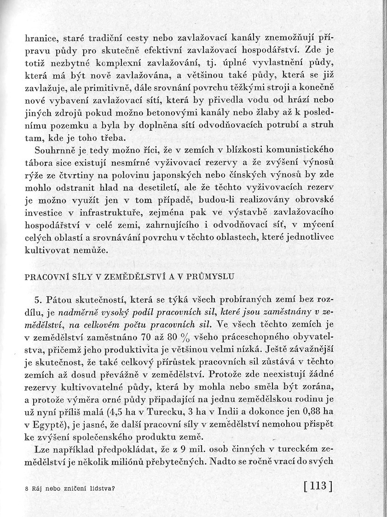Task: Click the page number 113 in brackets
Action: tap(318, 486)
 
